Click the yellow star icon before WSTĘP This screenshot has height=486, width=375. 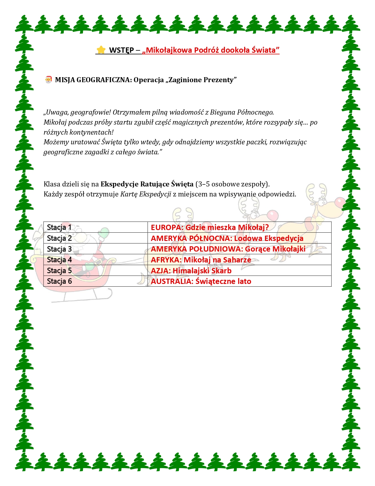click(101, 50)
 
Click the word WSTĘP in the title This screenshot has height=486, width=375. click(121, 50)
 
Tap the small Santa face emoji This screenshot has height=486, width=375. click(48, 80)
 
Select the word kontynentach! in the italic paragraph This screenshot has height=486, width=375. click(91, 132)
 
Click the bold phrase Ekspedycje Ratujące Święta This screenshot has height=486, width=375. click(147, 184)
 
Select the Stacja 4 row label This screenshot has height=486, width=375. click(59, 260)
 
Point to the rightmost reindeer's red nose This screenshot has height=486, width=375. click(340, 202)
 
